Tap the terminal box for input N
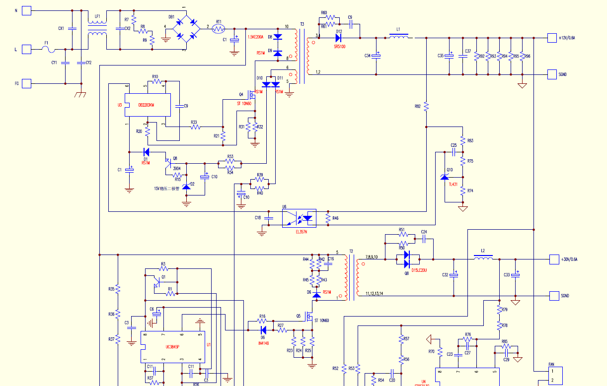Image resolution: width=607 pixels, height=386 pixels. (27, 10)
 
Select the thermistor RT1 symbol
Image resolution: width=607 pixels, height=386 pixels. (219, 29)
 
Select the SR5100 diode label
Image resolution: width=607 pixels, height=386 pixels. (340, 46)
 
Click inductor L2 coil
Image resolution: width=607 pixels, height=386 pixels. (483, 258)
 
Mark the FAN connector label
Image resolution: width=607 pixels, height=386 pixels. (551, 365)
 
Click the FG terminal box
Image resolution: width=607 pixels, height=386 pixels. (27, 83)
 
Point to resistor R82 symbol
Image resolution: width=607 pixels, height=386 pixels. (426, 106)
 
